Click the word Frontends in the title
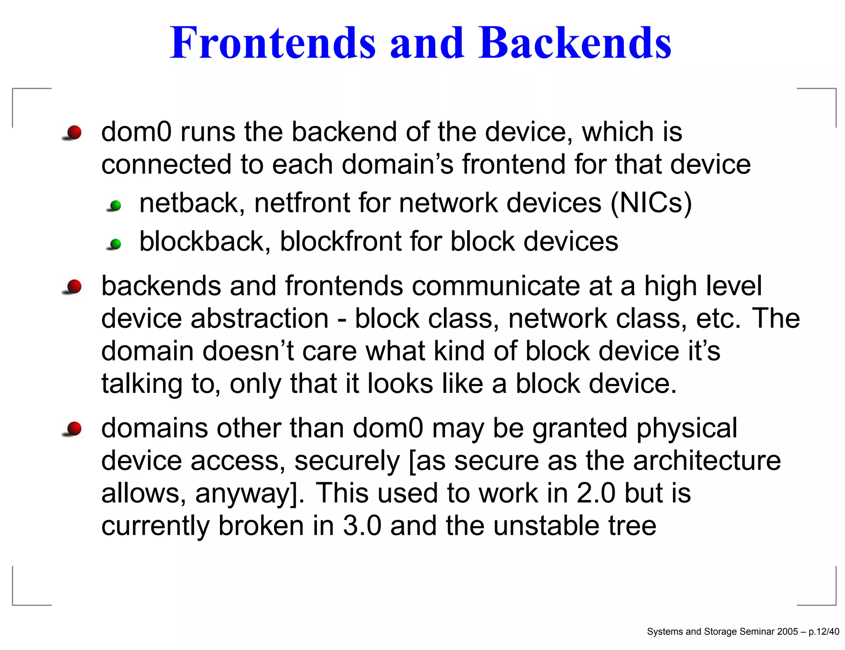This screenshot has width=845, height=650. pos(273,43)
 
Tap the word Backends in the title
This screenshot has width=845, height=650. pos(575,43)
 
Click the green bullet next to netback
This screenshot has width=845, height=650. pos(116,205)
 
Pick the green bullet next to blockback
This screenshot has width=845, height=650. pos(116,244)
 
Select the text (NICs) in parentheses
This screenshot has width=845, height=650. pos(651,203)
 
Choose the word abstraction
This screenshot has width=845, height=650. pos(260,318)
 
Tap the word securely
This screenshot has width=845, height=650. pos(347,460)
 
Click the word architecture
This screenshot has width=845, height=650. pos(707,460)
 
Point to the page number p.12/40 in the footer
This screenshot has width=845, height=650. pos(824,631)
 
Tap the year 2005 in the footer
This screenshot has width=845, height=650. pos(787,631)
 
